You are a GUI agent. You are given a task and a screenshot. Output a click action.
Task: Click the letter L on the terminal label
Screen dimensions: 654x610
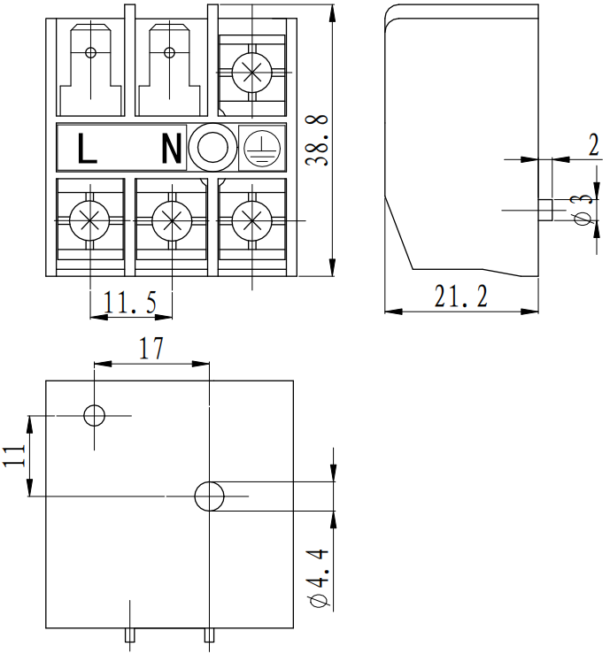click(87, 149)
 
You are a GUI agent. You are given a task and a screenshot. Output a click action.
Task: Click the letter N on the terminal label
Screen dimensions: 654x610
click(171, 149)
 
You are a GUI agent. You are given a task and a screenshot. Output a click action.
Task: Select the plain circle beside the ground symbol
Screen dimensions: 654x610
click(212, 148)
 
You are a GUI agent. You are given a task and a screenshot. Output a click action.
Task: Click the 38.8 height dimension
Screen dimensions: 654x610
click(320, 140)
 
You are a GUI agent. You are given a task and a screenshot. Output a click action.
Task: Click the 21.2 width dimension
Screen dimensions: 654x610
click(460, 296)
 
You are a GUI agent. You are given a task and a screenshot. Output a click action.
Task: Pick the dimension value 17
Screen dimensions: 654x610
click(151, 349)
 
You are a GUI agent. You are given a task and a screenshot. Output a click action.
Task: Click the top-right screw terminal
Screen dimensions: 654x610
click(251, 70)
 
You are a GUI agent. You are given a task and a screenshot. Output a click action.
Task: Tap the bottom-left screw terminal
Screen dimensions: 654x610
click(89, 219)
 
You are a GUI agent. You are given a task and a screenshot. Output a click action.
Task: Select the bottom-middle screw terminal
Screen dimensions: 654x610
click(170, 219)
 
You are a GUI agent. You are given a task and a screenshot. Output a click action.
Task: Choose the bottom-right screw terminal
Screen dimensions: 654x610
click(251, 219)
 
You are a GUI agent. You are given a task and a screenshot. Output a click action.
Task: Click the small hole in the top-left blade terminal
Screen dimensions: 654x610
click(89, 50)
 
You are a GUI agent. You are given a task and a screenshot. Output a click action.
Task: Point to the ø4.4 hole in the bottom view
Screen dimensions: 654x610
click(210, 496)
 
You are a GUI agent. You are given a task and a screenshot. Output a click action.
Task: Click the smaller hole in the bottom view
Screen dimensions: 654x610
click(93, 414)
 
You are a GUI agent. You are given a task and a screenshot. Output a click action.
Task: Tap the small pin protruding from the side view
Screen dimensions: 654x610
click(544, 210)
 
